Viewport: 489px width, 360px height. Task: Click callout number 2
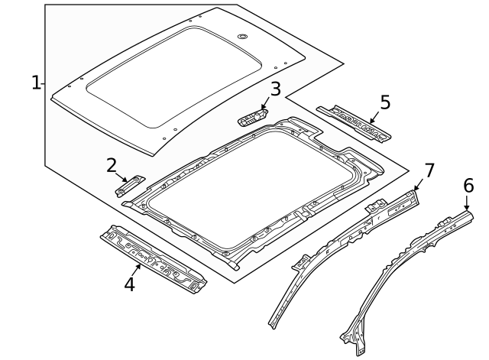112,165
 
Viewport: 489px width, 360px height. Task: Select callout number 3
275,89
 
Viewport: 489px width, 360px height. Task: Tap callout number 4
130,285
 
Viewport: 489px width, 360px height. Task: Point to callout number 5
385,102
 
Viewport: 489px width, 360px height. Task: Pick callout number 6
468,186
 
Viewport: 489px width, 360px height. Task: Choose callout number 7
429,170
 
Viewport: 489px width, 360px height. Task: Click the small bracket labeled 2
130,184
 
